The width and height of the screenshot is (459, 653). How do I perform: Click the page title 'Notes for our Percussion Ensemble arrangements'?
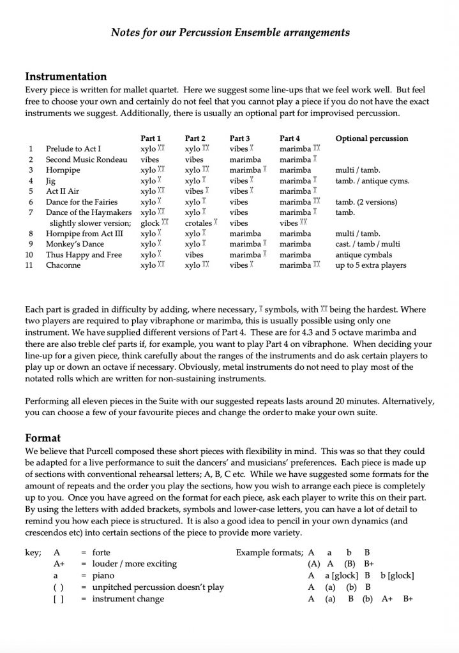(230, 31)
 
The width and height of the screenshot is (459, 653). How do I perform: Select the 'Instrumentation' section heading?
(66, 77)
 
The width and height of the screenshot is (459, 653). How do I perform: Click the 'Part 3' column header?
(239, 138)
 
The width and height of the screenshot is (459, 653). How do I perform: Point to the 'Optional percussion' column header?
(372, 138)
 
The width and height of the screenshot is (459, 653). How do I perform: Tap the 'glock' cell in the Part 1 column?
(149, 223)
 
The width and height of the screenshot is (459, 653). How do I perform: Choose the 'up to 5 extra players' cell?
(370, 265)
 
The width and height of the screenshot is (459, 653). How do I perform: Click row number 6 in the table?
(31, 202)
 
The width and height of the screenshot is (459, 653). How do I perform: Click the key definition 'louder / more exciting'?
(135, 564)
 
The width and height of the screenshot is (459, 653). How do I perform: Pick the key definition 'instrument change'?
(128, 598)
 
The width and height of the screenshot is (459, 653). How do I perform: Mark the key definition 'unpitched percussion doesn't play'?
(158, 587)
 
